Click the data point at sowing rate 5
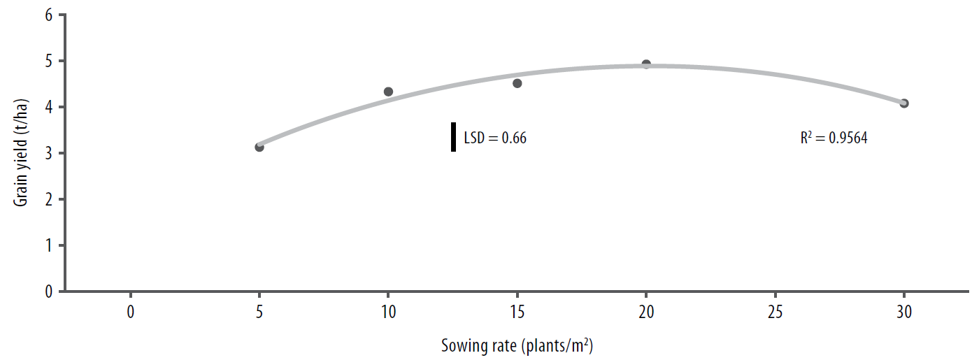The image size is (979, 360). (259, 147)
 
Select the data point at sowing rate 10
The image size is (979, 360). (389, 92)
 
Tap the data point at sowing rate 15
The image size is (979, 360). (517, 83)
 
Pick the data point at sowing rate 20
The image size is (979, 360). (646, 64)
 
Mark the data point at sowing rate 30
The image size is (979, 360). (904, 103)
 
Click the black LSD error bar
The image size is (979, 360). (453, 137)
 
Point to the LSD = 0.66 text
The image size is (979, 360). (495, 138)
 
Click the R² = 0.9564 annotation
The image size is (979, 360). (834, 138)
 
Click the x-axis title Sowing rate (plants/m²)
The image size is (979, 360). (517, 345)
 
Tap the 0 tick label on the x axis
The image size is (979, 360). (131, 312)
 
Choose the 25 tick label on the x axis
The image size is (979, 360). (775, 312)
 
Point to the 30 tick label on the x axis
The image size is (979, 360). (904, 312)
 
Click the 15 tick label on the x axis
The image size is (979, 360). (517, 312)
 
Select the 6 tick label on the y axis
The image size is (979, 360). (48, 15)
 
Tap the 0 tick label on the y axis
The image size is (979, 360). (48, 291)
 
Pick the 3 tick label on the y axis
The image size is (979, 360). (48, 153)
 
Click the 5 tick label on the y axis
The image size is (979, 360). (48, 62)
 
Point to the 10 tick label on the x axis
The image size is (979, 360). (389, 312)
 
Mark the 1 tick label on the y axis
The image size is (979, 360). (48, 245)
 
